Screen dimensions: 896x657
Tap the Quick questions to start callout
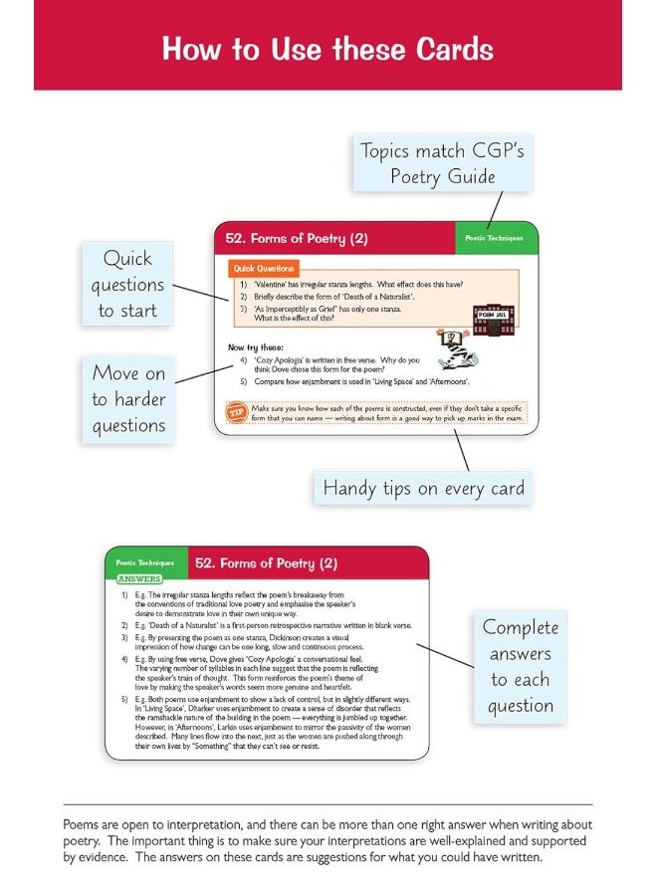coord(126,284)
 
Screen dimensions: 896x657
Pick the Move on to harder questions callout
coord(128,399)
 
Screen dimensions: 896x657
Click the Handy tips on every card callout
coord(423,489)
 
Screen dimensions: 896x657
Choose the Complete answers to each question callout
coord(521,666)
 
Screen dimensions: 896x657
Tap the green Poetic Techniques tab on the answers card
coord(145,563)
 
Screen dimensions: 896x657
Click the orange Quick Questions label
coord(264,269)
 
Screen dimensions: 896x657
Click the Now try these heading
coord(256,347)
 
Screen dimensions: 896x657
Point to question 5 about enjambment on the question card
coord(360,381)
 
